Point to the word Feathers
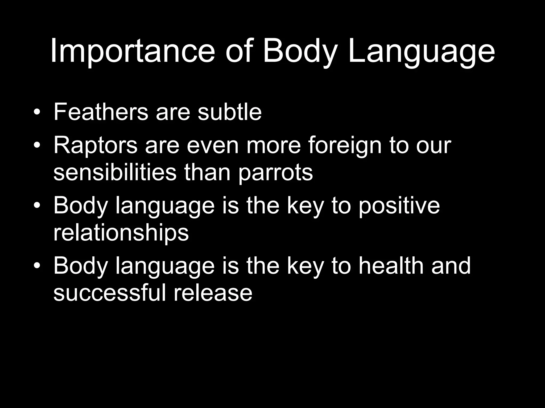click(x=101, y=112)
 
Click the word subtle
click(x=230, y=112)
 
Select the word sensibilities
click(x=115, y=172)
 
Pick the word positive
click(x=399, y=206)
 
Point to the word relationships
click(x=121, y=233)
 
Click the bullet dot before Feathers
click(x=37, y=113)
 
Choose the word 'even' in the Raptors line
click(x=213, y=146)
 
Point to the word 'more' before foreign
click(x=274, y=146)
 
